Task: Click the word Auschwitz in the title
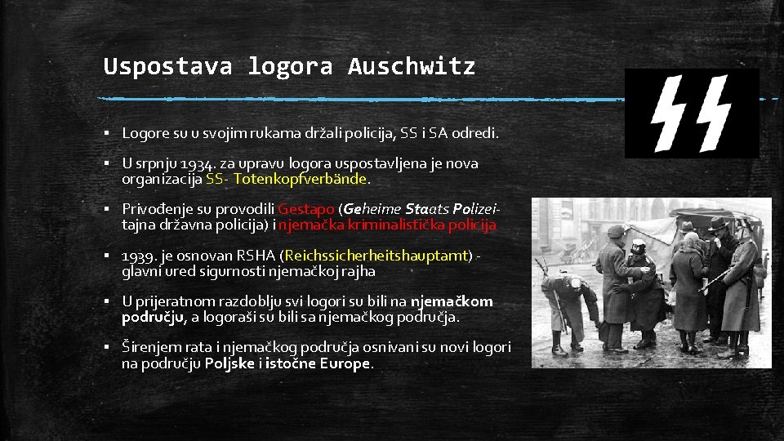coord(411,66)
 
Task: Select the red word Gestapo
coord(306,209)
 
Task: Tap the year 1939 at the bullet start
coord(137,256)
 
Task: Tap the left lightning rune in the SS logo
coord(670,114)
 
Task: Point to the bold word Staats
coord(425,209)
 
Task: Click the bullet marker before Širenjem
coord(108,348)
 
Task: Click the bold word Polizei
coord(474,209)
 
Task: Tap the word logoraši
coord(236,317)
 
